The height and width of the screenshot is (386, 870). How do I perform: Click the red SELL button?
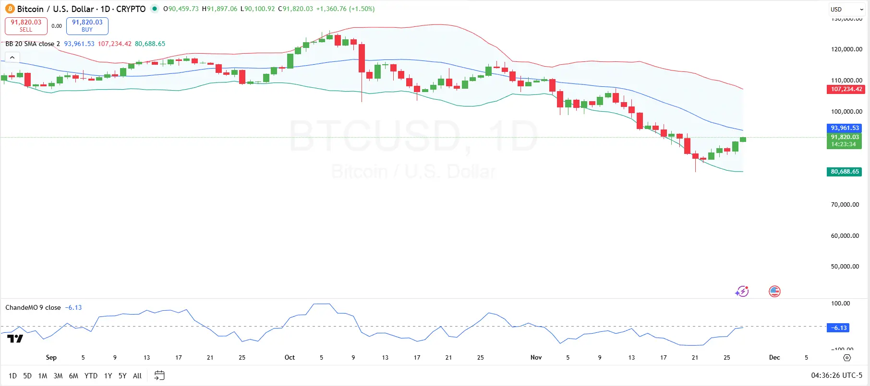click(x=26, y=26)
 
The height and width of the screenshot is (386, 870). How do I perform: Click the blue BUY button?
click(x=87, y=26)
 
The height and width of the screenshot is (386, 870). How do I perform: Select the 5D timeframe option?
click(x=27, y=376)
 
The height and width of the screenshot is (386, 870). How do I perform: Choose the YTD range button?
click(x=91, y=376)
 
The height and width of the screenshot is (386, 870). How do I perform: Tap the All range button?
click(x=137, y=376)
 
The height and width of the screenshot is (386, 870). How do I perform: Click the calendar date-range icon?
click(x=159, y=375)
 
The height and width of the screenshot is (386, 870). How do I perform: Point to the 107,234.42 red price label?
click(x=846, y=89)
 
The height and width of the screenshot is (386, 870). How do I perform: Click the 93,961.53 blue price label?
click(x=845, y=128)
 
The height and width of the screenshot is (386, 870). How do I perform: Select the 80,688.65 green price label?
click(x=845, y=172)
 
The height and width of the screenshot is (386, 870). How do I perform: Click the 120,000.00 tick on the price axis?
click(x=846, y=49)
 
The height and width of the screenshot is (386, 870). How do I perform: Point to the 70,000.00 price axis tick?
click(x=845, y=205)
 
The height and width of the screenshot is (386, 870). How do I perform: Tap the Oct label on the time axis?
click(x=290, y=358)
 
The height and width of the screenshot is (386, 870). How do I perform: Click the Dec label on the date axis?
click(x=774, y=358)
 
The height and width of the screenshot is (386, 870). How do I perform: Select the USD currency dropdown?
click(x=846, y=9)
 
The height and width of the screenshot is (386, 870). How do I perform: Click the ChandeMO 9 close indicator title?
click(x=33, y=308)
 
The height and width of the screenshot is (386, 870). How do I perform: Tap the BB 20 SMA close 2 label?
click(x=33, y=44)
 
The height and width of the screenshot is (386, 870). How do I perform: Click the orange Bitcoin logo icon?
click(x=10, y=9)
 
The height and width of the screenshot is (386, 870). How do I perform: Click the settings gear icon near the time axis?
click(x=847, y=358)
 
